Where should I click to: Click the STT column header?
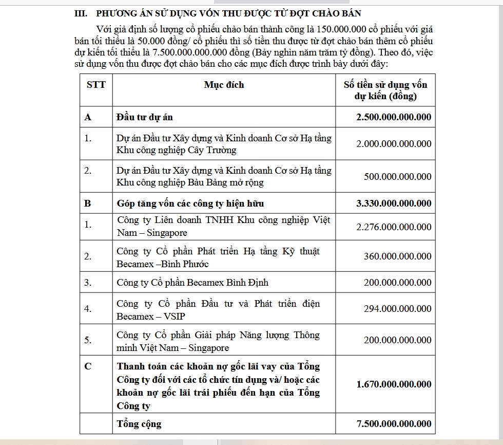click(96, 85)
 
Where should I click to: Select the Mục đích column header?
click(224, 85)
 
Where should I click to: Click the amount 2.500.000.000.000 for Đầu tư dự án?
click(394, 117)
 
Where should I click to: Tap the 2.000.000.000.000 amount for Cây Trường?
click(394, 144)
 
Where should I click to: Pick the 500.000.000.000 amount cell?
click(398, 176)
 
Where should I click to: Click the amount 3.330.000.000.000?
click(394, 203)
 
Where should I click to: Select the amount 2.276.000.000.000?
click(394, 227)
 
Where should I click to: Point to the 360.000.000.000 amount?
click(398, 256)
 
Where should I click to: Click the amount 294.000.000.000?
click(398, 308)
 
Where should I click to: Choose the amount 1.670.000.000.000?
click(394, 384)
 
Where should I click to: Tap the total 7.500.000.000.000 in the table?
click(394, 423)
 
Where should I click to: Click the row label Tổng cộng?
click(139, 424)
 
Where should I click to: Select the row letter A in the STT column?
click(88, 117)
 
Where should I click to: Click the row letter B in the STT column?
click(88, 203)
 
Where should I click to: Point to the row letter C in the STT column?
click(88, 366)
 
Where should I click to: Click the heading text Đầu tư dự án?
click(145, 117)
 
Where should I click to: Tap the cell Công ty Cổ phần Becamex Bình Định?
click(192, 283)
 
